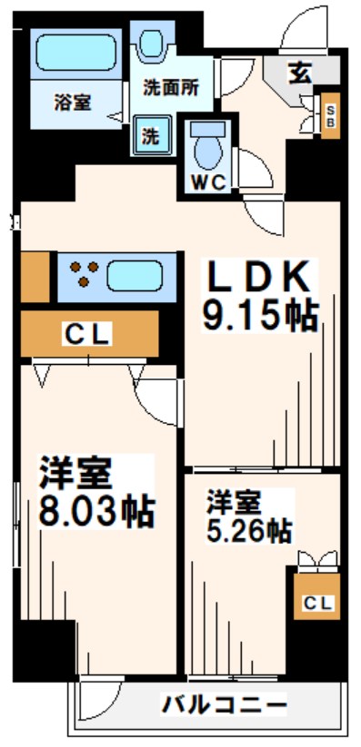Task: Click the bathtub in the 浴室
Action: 76,53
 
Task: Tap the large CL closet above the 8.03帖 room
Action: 86,334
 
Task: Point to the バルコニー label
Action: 225,703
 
